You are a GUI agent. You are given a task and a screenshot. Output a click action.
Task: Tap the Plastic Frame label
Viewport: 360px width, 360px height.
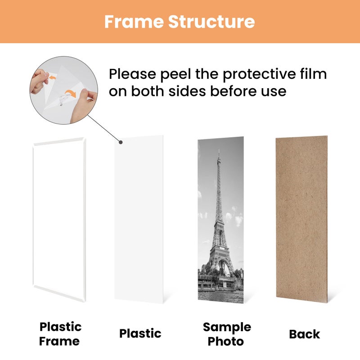point(60,333)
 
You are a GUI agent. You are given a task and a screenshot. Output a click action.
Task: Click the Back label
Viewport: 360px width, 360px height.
point(304,334)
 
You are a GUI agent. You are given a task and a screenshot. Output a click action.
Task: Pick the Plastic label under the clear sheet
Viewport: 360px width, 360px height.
point(140,333)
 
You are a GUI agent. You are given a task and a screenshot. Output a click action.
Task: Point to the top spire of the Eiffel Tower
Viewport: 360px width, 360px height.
point(219,153)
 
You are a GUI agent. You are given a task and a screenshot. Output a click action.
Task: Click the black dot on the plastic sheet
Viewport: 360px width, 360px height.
point(121,143)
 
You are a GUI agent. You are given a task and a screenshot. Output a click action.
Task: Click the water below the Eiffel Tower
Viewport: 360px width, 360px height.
point(220,295)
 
